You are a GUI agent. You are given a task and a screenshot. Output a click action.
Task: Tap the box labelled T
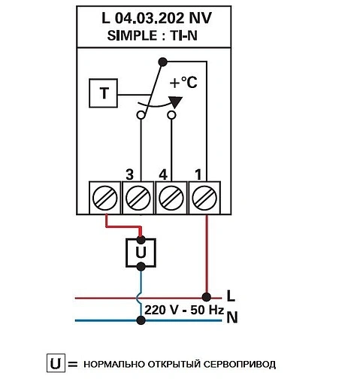103,94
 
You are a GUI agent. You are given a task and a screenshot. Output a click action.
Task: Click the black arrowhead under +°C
175,102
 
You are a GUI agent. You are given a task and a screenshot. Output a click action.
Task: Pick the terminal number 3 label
129,174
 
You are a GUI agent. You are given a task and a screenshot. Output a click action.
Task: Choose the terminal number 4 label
163,174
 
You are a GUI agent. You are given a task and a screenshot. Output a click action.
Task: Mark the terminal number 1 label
198,174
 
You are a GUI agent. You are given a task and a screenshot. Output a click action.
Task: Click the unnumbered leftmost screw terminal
103,199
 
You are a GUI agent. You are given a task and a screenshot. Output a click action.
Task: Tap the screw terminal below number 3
137,199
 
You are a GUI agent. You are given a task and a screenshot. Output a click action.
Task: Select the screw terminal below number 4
171,199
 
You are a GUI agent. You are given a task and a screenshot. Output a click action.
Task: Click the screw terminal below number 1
204,199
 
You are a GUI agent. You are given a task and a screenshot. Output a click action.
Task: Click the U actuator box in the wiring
141,253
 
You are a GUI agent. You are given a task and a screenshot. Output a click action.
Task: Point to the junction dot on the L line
205,296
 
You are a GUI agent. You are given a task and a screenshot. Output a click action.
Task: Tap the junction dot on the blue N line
141,320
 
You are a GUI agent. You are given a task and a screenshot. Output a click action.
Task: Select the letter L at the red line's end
231,296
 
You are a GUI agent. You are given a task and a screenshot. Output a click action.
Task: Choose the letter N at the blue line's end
231,318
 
